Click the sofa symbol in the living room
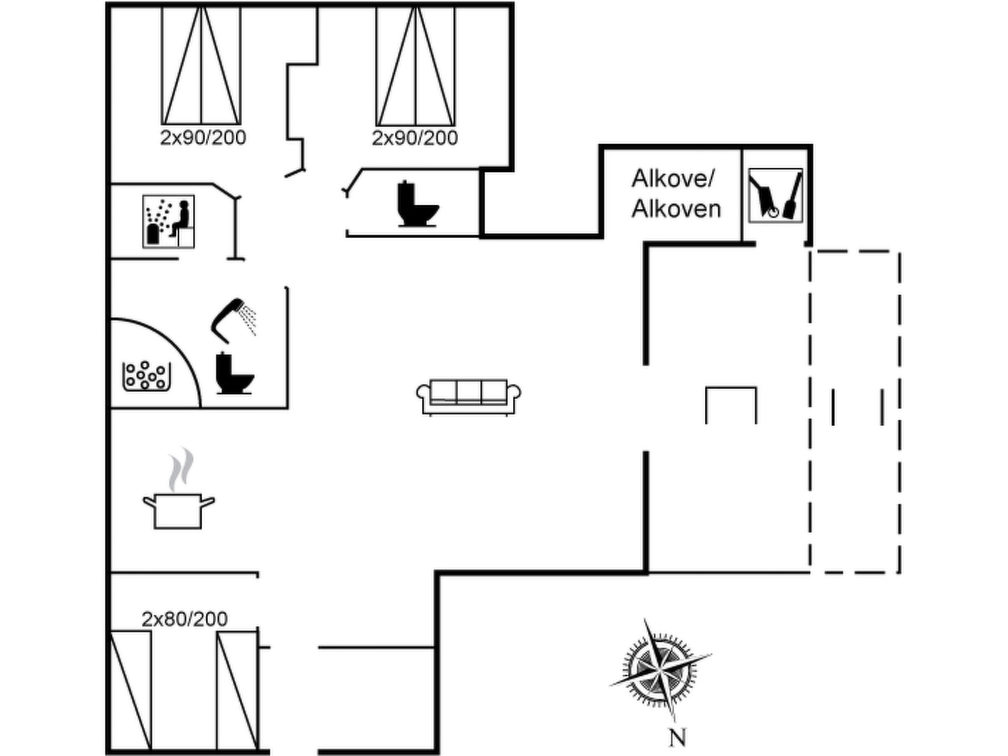pyautogui.click(x=469, y=397)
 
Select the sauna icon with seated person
pyautogui.click(x=168, y=221)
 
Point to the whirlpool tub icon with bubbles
pyautogui.click(x=146, y=376)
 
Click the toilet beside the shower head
pyautogui.click(x=235, y=373)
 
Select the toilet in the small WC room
pyautogui.click(x=417, y=204)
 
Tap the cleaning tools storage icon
pyautogui.click(x=775, y=195)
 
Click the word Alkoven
pyautogui.click(x=676, y=209)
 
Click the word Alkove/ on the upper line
pyautogui.click(x=672, y=179)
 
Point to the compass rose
pyautogui.click(x=660, y=670)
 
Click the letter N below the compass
pyautogui.click(x=677, y=738)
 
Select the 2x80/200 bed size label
pyautogui.click(x=185, y=619)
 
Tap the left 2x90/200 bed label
pyautogui.click(x=203, y=138)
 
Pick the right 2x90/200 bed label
pyautogui.click(x=415, y=138)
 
